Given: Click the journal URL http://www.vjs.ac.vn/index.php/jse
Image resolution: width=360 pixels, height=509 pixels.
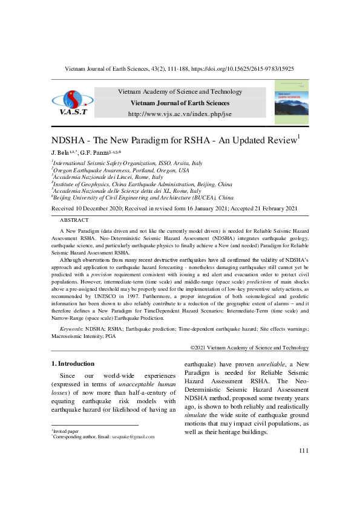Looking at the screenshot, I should (x=179, y=114).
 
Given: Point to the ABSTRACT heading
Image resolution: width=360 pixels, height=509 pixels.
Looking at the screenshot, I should (x=74, y=220).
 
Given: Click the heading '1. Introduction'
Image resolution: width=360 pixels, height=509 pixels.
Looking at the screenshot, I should (x=71, y=363).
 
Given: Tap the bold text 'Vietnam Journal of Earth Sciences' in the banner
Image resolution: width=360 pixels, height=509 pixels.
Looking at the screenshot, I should (x=180, y=103).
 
